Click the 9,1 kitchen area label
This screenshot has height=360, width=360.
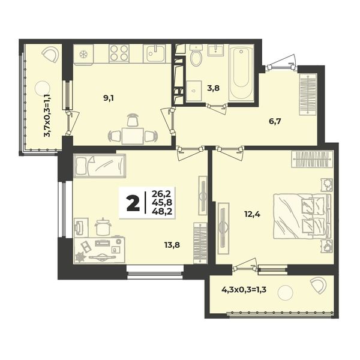(109, 98)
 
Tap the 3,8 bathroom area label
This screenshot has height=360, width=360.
(213, 88)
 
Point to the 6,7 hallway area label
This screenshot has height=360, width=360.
(275, 121)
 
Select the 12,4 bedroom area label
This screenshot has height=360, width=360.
(252, 215)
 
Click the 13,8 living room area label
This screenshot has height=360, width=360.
(172, 245)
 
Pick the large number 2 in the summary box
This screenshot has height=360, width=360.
(133, 203)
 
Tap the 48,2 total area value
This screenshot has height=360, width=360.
(162, 211)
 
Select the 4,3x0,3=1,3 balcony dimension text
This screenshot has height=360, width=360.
(244, 290)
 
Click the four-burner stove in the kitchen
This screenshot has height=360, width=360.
(119, 53)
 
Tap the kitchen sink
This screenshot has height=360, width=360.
(155, 53)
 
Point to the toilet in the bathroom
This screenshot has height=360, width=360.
(196, 55)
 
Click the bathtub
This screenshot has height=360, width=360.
(241, 73)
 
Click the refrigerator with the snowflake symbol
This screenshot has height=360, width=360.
(83, 54)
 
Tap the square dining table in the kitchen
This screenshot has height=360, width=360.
(133, 136)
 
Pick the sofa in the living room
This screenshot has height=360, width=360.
(100, 166)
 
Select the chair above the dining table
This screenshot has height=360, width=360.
(133, 120)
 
